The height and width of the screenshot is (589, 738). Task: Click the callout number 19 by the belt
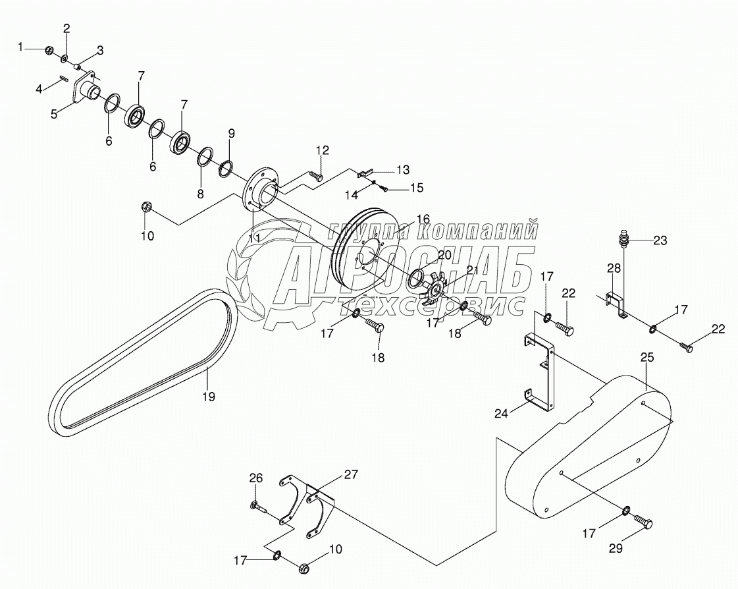(x=208, y=397)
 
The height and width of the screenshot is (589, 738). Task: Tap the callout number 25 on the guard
(x=647, y=358)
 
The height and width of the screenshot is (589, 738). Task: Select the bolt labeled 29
(x=645, y=523)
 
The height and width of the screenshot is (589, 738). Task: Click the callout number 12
(x=322, y=151)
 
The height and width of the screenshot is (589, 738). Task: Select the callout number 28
(x=614, y=268)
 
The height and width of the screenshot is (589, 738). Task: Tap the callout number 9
(x=231, y=133)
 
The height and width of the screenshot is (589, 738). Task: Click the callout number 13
(x=402, y=169)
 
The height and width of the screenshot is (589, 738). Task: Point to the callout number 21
(x=472, y=270)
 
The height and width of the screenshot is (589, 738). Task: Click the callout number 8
(x=200, y=194)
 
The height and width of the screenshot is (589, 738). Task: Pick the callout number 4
(x=40, y=89)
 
